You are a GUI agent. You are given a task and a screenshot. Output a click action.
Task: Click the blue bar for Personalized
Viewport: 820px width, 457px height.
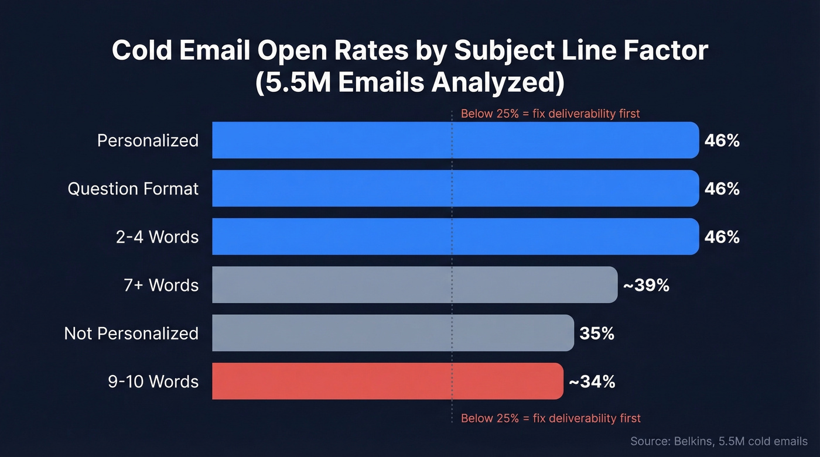click(x=455, y=140)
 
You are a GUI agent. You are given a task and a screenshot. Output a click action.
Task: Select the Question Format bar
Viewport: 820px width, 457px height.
click(x=455, y=188)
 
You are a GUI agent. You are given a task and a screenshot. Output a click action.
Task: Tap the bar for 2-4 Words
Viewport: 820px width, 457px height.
click(x=455, y=236)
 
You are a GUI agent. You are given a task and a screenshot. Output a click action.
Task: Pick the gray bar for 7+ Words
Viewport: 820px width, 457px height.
click(x=414, y=285)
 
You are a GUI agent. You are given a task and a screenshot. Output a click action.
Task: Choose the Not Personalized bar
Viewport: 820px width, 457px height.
click(x=392, y=333)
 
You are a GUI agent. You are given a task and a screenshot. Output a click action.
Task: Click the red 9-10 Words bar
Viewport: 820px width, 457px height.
click(x=387, y=381)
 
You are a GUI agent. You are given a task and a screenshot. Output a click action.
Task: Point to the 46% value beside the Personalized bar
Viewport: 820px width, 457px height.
click(x=722, y=140)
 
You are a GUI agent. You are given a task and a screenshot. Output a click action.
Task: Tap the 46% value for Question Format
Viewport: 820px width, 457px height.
click(x=722, y=188)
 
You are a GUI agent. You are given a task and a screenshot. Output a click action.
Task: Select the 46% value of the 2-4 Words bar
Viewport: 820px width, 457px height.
click(x=722, y=236)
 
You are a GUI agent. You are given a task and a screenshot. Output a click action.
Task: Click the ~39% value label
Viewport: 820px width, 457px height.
click(x=645, y=285)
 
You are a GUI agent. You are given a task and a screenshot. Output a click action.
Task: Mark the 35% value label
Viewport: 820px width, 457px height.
click(x=597, y=333)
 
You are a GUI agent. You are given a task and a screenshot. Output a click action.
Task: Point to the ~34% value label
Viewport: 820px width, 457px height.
click(x=592, y=382)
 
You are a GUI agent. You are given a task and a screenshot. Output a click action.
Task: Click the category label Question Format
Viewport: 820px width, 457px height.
click(x=133, y=188)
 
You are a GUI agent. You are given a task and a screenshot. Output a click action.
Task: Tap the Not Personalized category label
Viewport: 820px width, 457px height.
click(x=131, y=333)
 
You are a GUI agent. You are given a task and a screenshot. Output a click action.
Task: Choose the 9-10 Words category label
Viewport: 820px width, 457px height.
click(x=153, y=382)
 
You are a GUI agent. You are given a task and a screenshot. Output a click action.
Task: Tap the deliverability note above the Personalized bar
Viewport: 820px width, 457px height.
click(x=550, y=114)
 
